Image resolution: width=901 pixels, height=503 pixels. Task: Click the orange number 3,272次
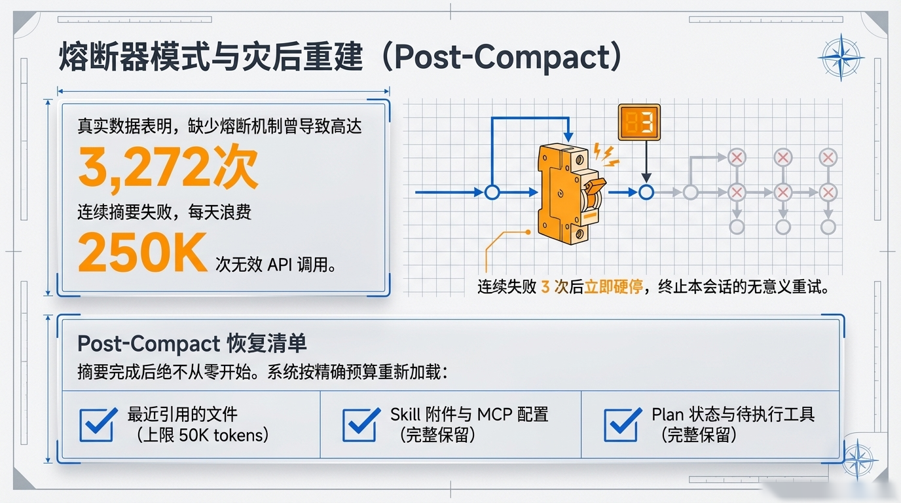pos(168,167)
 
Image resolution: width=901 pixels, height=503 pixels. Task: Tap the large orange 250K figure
pos(143,252)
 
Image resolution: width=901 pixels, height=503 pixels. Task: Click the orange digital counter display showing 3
pos(639,122)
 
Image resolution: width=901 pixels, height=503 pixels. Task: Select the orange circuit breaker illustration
pos(569,195)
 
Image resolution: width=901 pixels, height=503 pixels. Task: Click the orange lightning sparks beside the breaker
pos(605,155)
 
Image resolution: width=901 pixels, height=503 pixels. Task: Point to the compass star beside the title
pos(841,58)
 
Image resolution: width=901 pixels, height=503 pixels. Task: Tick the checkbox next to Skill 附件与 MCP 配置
pos(361,424)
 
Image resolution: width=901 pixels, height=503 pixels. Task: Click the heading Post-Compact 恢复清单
pos(192,344)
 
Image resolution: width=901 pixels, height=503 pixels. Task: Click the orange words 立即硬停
pos(614,287)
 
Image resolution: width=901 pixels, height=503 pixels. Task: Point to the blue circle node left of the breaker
pos(492,193)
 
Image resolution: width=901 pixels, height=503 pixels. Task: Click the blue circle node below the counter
pos(646,193)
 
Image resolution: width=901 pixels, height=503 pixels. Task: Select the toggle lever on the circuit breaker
pos(595,186)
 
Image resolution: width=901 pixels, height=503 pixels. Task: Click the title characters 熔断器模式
pos(135,57)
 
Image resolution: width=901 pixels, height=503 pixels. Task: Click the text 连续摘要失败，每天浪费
pos(164,212)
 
